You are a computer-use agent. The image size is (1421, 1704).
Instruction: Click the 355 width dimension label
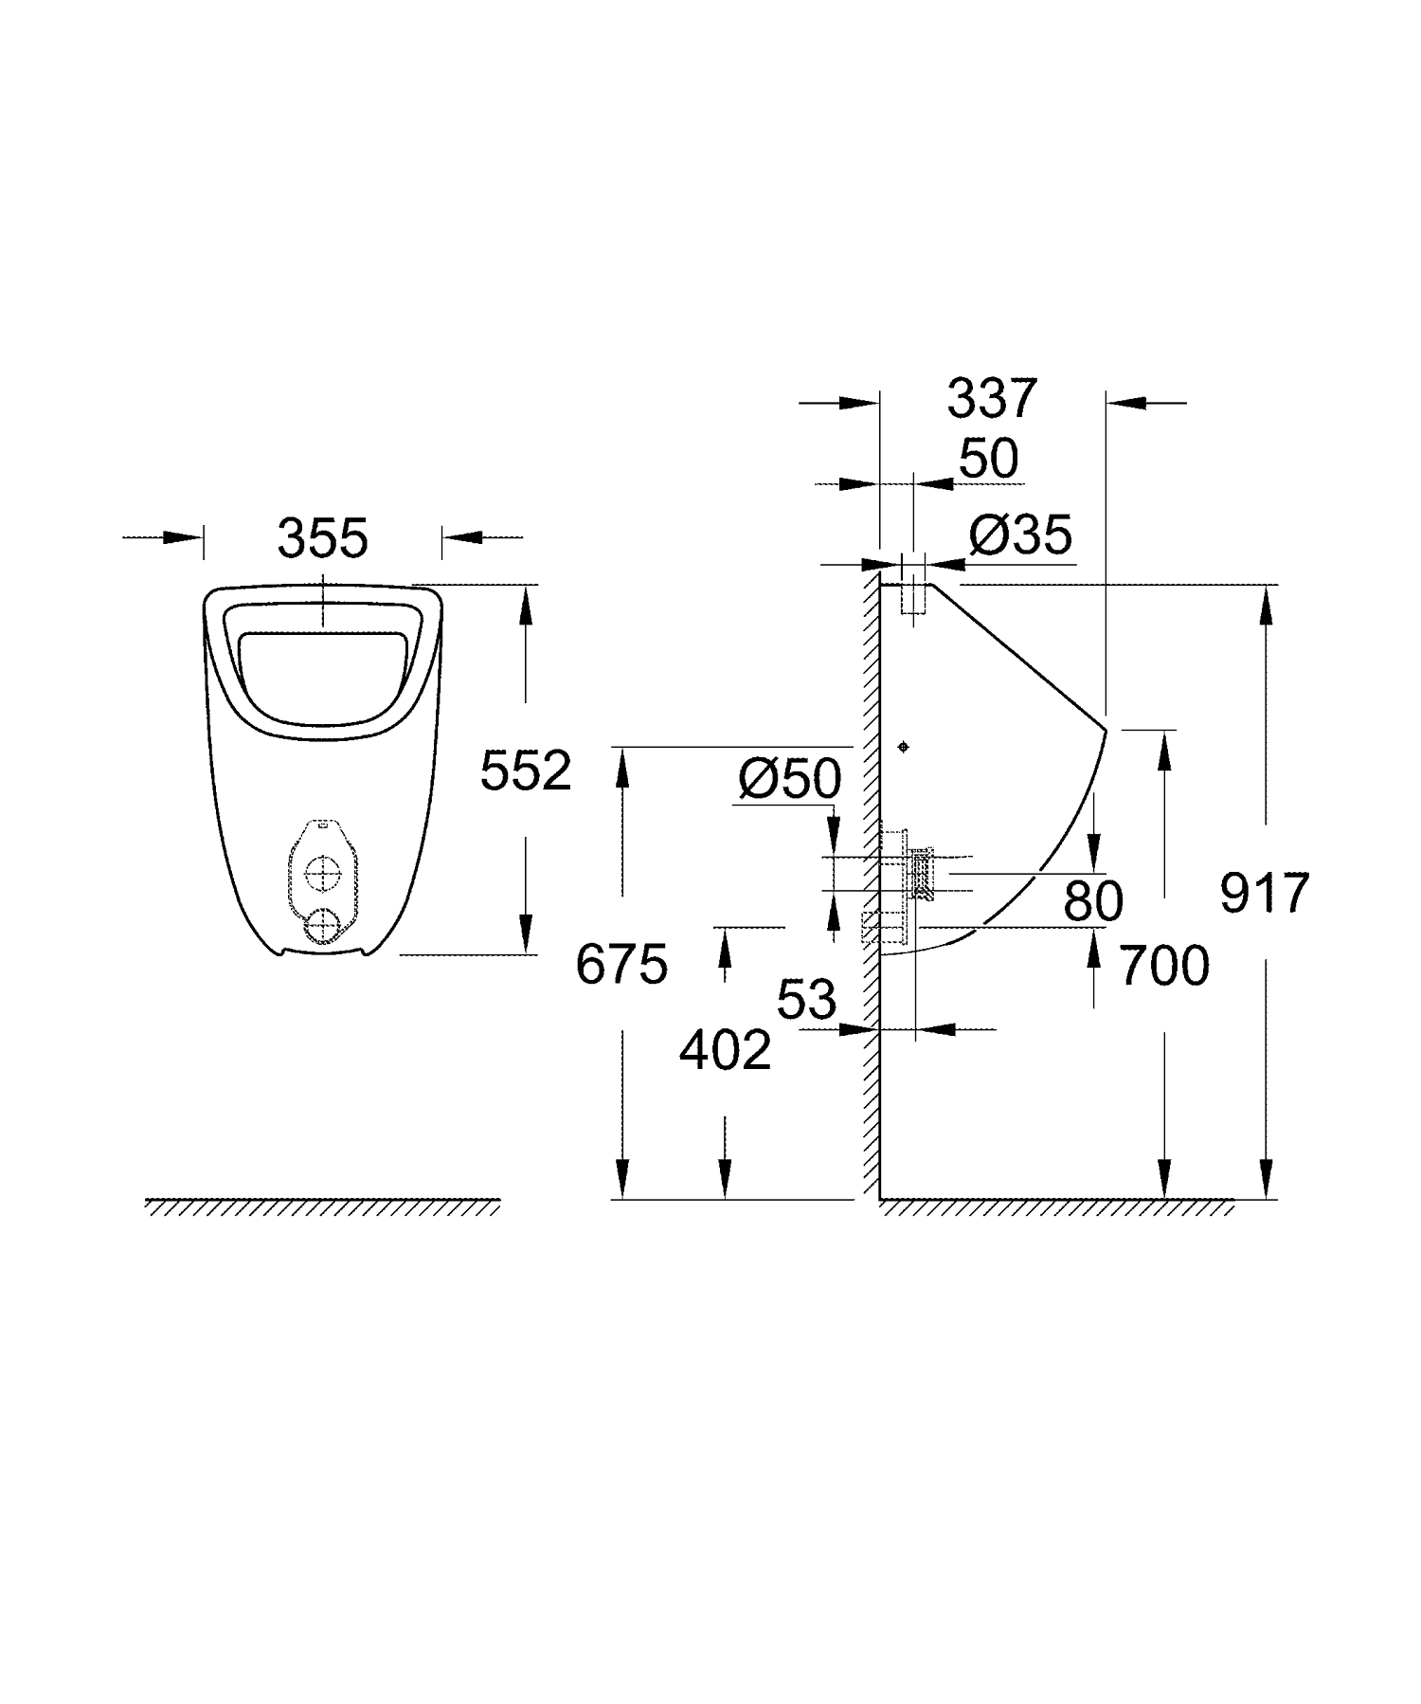coord(322,539)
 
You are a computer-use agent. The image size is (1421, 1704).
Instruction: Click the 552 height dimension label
coord(526,770)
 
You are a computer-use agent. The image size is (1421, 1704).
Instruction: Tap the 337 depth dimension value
coord(993,398)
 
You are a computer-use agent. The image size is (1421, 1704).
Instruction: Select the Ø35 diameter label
coord(1020,536)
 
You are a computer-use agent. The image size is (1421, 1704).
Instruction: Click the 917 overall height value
coord(1264,893)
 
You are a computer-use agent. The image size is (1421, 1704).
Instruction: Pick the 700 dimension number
coord(1164,967)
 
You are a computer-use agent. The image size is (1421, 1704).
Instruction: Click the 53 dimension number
coord(807,1000)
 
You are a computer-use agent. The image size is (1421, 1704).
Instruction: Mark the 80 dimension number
coord(1092,901)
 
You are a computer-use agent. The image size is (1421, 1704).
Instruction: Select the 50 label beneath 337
coord(988,460)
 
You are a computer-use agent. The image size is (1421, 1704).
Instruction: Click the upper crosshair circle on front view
coord(324,873)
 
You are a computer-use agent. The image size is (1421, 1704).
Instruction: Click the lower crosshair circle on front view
coord(324,926)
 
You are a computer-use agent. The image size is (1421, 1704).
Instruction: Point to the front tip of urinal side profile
coord(1106,730)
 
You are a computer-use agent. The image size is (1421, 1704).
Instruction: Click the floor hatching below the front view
coord(322,1206)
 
